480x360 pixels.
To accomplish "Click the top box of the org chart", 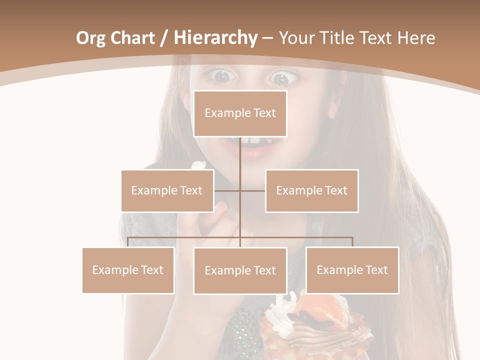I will tap(240, 113).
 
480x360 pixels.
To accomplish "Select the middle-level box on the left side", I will tap(167, 190).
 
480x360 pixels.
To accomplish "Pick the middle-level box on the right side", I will tap(311, 190).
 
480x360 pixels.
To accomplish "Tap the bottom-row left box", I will tap(128, 270).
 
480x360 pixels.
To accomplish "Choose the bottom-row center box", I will tap(240, 270).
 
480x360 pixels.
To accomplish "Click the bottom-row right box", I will tap(352, 270).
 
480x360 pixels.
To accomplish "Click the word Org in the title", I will tap(91, 38).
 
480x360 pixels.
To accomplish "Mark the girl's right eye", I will tap(220, 76).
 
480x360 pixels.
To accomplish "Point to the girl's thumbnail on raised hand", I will tap(221, 206).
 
